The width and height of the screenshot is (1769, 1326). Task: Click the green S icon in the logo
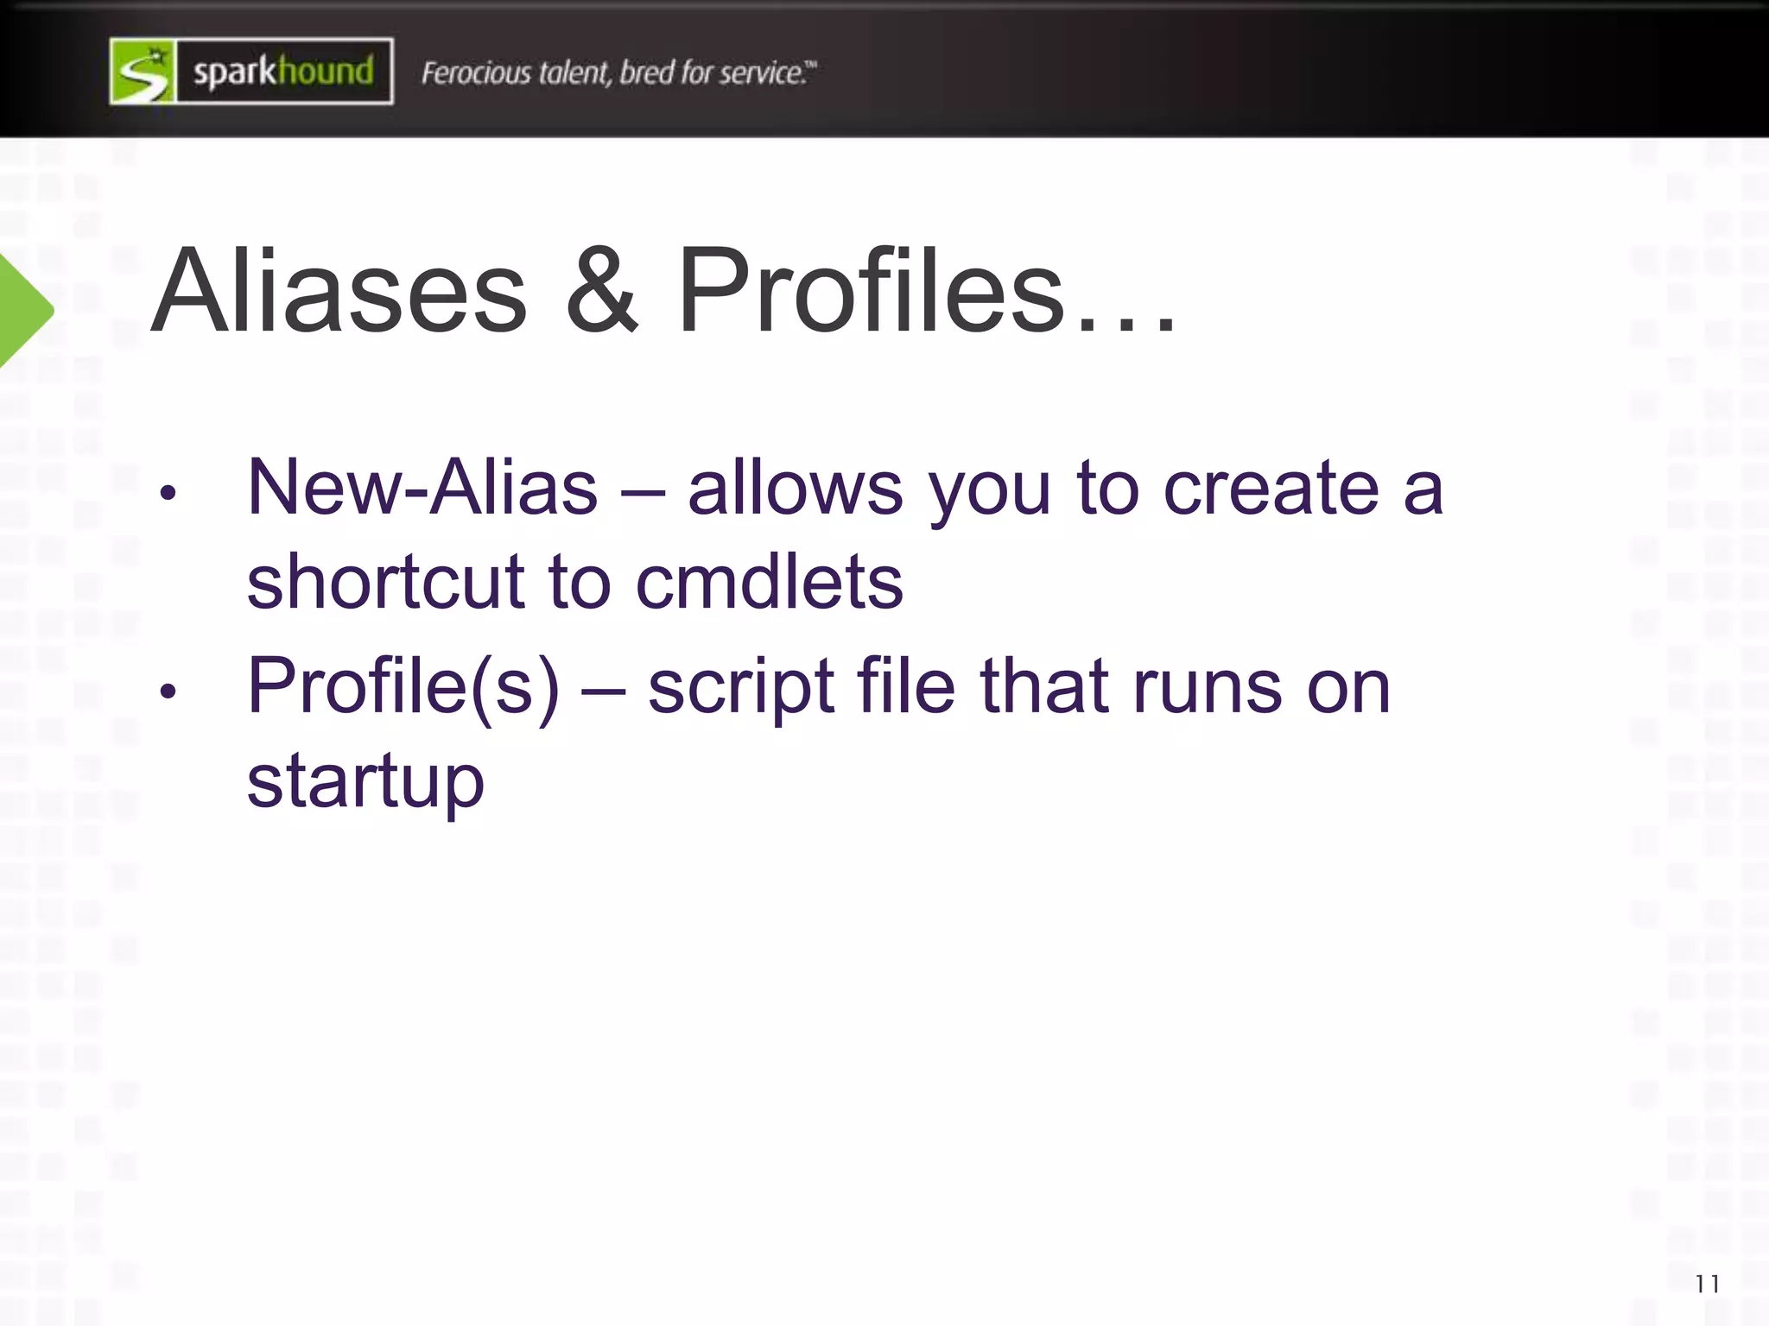click(143, 72)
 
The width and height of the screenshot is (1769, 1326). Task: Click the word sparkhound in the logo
click(283, 72)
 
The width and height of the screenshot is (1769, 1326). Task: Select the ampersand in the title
click(602, 291)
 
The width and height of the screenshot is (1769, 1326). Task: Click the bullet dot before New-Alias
click(168, 493)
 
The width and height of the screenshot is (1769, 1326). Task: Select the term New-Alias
click(422, 488)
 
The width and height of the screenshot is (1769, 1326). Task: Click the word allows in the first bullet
click(796, 488)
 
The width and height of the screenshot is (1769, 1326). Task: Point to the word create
click(1271, 488)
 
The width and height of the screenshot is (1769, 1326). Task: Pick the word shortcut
click(386, 582)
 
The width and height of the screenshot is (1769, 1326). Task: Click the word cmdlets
click(770, 582)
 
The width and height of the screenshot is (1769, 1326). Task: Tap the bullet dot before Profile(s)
click(168, 691)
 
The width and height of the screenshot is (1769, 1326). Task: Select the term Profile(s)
click(403, 686)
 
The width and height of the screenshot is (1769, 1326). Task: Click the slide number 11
click(1707, 1285)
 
